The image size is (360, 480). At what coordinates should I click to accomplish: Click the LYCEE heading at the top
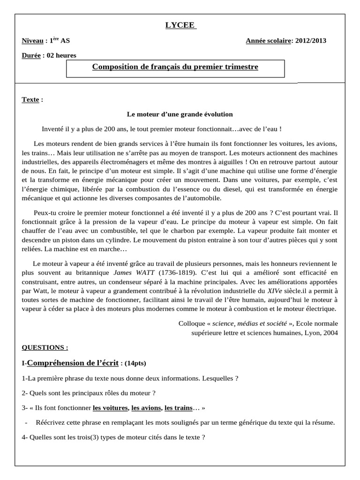click(180, 25)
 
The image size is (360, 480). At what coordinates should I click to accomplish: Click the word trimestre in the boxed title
click(240, 67)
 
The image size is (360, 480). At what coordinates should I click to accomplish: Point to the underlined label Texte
click(30, 100)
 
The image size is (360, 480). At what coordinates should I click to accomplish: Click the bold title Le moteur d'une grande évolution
click(180, 114)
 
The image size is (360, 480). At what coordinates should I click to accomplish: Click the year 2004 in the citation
click(330, 332)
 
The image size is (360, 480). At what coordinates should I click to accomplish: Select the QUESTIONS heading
click(45, 347)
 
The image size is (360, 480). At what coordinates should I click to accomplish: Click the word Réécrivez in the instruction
click(51, 422)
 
